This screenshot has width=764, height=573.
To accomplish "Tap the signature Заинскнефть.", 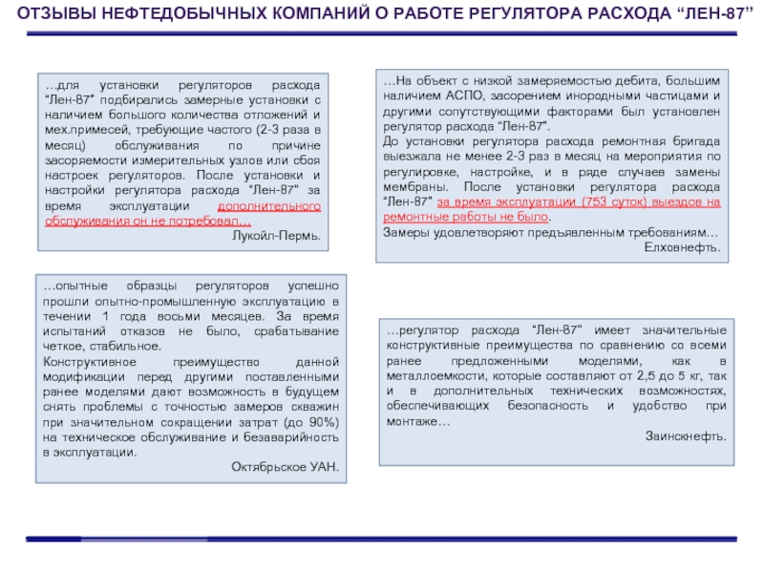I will tap(686, 435).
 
